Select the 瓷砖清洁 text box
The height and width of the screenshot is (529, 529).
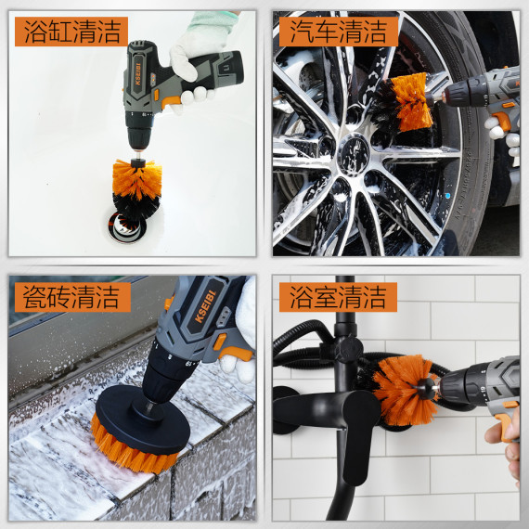[x=69, y=297]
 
